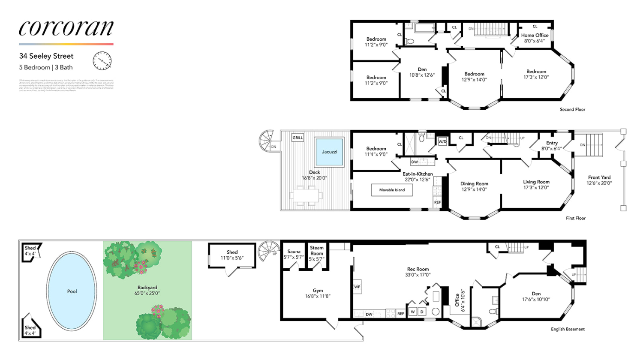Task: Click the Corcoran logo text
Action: coord(66,28)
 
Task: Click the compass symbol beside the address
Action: coord(102,61)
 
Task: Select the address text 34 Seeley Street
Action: coord(46,56)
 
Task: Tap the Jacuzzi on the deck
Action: coord(329,152)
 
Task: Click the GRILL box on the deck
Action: coord(297,138)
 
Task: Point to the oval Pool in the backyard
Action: coord(72,291)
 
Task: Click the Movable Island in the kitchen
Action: coord(392,190)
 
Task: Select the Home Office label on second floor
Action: coord(535,35)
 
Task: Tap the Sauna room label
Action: coord(294,252)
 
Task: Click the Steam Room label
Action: coord(317,250)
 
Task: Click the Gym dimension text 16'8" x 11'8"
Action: coord(318,296)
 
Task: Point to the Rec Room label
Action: coord(418,269)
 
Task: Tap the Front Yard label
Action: coord(599,177)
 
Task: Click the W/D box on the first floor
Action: coord(442,141)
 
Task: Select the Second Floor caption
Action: coord(572,109)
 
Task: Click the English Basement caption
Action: coord(568,329)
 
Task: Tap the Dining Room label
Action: coord(474,183)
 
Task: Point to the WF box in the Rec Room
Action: coord(357,287)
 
